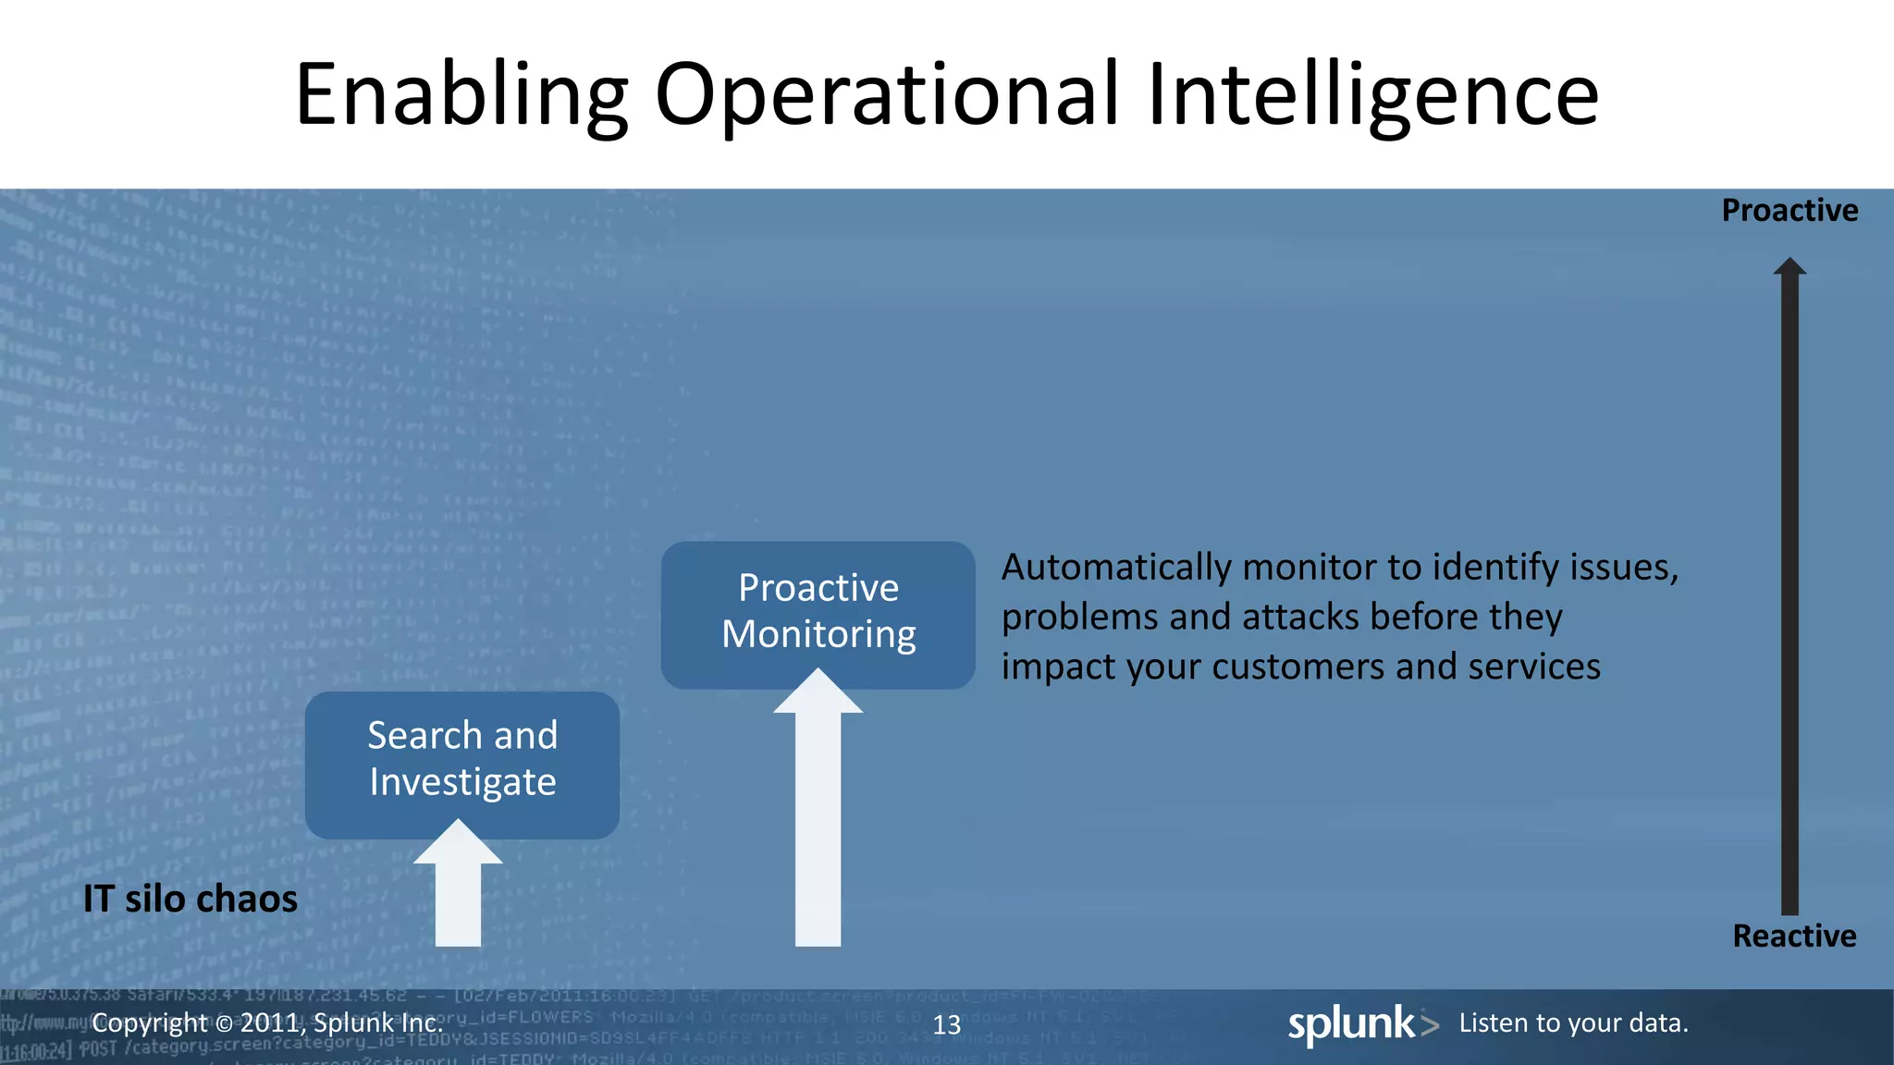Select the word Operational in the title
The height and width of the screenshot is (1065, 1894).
pyautogui.click(x=888, y=95)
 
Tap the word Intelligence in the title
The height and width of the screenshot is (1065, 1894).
pyautogui.click(x=1372, y=95)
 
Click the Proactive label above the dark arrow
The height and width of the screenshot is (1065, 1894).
pyautogui.click(x=1789, y=211)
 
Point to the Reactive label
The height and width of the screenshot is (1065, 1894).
pyautogui.click(x=1794, y=936)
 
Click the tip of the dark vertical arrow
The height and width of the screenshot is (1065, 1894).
pyautogui.click(x=1789, y=264)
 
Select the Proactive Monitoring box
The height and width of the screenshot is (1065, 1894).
pyautogui.click(x=818, y=614)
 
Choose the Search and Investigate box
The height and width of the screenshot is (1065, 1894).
pyautogui.click(x=461, y=764)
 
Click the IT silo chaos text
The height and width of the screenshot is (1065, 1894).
pyautogui.click(x=191, y=900)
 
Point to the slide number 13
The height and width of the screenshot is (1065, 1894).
pyautogui.click(x=946, y=1025)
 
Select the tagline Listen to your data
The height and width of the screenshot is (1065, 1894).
pyautogui.click(x=1573, y=1023)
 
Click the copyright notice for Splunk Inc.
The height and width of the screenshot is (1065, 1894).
pyautogui.click(x=267, y=1023)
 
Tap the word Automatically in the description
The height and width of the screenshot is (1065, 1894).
pyautogui.click(x=1116, y=568)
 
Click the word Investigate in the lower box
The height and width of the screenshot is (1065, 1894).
pyautogui.click(x=462, y=783)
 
